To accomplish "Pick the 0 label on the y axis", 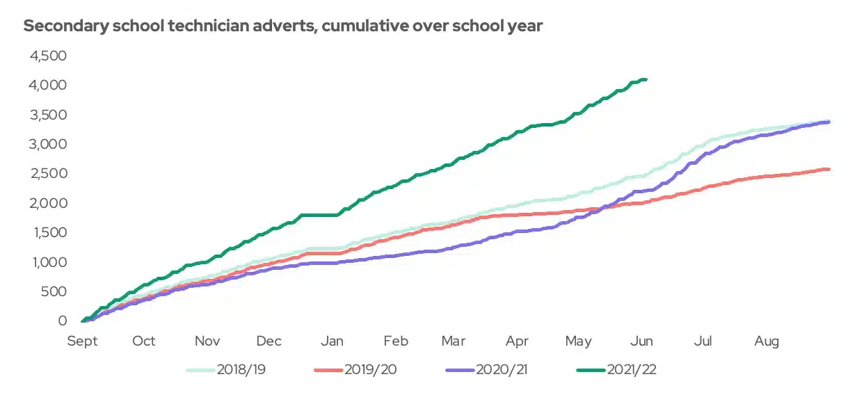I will (x=62, y=321).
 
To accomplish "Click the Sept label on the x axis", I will (x=82, y=341).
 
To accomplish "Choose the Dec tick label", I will (x=269, y=341).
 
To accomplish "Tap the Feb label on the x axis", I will (x=396, y=341).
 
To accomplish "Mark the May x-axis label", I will (x=578, y=341).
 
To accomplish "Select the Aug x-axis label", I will (x=767, y=341).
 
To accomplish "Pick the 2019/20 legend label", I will (x=370, y=369).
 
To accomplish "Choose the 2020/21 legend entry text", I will (x=502, y=369).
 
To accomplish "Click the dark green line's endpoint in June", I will (x=646, y=80).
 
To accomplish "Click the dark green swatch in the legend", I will (x=591, y=370).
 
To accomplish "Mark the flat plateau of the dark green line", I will (x=319, y=215).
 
